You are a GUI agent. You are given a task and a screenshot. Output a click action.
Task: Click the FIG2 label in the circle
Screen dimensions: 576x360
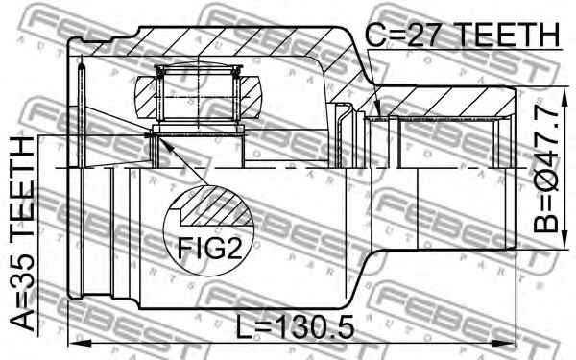click(x=209, y=249)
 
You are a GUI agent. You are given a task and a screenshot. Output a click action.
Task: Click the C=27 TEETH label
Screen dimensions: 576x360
click(x=462, y=35)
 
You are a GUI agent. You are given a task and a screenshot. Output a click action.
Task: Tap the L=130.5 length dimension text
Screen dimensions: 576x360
click(x=295, y=326)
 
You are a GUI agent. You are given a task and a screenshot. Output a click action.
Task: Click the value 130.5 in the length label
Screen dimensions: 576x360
click(x=315, y=326)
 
